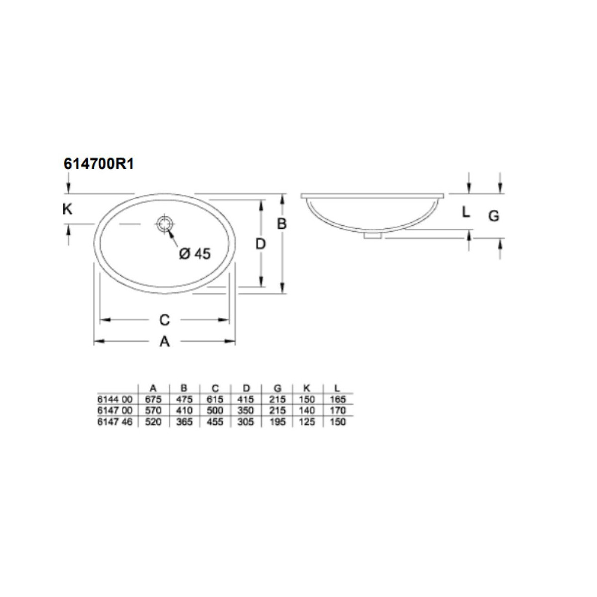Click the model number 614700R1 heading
click(x=99, y=164)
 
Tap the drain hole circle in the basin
click(x=164, y=224)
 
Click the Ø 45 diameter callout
click(x=195, y=254)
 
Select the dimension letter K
click(x=67, y=210)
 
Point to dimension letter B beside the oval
click(x=281, y=224)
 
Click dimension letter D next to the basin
click(x=261, y=244)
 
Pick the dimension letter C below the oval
click(x=165, y=320)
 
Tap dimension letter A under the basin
click(x=165, y=342)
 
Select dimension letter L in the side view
click(x=466, y=212)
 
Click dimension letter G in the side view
click(x=494, y=216)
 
